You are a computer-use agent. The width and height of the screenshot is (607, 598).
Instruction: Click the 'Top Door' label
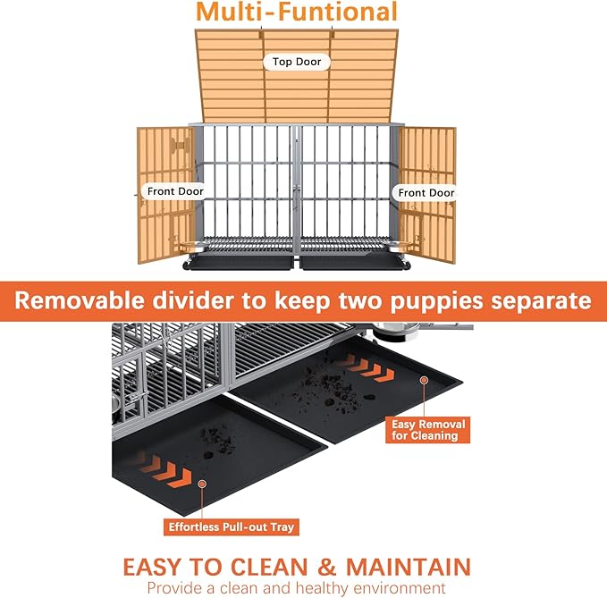[297, 62]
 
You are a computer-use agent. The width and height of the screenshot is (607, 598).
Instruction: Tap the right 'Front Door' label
[426, 192]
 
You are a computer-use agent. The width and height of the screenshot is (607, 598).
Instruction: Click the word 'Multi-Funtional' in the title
[297, 13]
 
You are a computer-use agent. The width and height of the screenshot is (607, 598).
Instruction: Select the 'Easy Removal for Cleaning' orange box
[425, 430]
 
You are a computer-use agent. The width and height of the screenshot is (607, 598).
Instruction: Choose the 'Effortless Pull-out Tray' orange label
[232, 526]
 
